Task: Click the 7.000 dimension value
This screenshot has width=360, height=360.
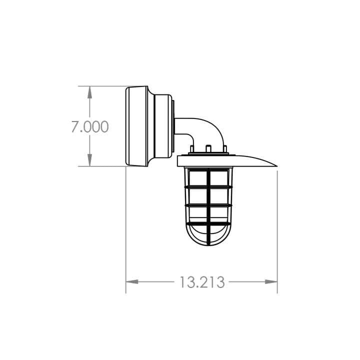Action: click(89, 126)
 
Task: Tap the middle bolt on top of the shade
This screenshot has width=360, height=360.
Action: click(207, 149)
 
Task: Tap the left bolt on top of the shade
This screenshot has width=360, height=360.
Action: click(191, 149)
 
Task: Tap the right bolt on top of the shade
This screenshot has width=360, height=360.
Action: click(224, 149)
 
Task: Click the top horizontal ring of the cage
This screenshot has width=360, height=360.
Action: click(207, 187)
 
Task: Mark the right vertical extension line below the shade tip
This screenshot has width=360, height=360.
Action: click(277, 225)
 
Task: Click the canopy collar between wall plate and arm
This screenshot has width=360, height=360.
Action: click(163, 126)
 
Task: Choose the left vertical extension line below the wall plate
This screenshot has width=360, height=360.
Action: click(126, 225)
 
